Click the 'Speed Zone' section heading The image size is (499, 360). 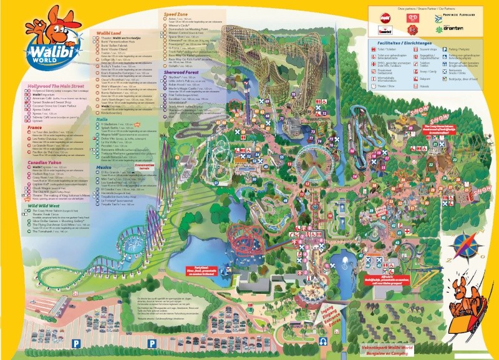tap(178, 13)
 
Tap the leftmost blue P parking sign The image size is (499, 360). tap(76, 343)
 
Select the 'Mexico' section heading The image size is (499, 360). tap(104, 168)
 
